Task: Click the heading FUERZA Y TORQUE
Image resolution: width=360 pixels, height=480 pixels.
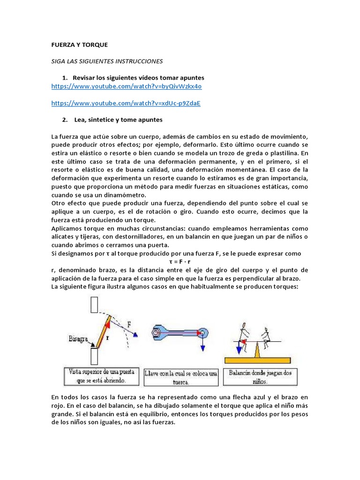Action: [79, 45]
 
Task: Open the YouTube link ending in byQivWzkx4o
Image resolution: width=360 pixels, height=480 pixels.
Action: [127, 87]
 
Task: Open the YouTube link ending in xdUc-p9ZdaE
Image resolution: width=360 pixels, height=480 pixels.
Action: [126, 103]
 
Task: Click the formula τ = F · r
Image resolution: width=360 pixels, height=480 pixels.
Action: [180, 261]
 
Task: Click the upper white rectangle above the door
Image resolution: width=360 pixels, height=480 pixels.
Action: [94, 305]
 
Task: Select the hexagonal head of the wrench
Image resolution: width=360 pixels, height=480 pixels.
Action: [155, 333]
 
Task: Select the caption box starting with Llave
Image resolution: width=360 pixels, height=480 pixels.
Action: [181, 377]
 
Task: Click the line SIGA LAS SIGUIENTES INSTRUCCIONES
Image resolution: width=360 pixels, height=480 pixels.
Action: [106, 61]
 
